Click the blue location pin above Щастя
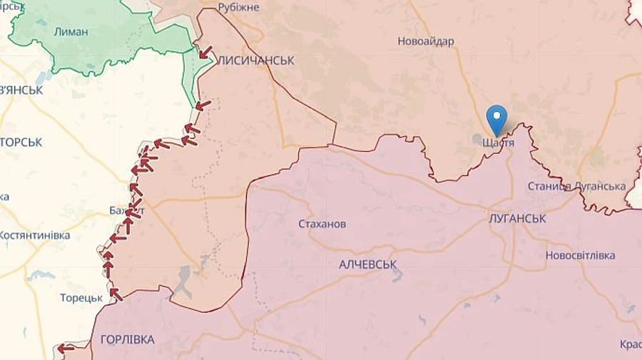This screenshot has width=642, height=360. click(496, 119)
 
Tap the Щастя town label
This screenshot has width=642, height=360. click(498, 143)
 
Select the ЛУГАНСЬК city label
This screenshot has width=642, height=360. click(517, 219)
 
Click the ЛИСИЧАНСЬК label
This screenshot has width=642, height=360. click(255, 61)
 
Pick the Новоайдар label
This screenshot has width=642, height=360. click(426, 41)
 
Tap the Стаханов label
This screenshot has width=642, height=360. click(322, 224)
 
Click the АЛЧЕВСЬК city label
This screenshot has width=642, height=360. click(367, 264)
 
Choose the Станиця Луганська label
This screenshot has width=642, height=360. click(576, 187)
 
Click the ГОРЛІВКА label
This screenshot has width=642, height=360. click(127, 339)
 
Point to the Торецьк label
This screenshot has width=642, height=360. click(81, 298)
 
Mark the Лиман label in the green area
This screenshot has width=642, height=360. click(71, 31)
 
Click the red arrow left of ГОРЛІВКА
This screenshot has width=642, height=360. click(66, 349)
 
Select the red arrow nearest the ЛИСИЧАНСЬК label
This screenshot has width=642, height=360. click(205, 52)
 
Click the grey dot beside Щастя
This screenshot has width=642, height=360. click(477, 138)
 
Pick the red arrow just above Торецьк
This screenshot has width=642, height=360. click(115, 293)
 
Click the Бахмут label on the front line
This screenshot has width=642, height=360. click(127, 211)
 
